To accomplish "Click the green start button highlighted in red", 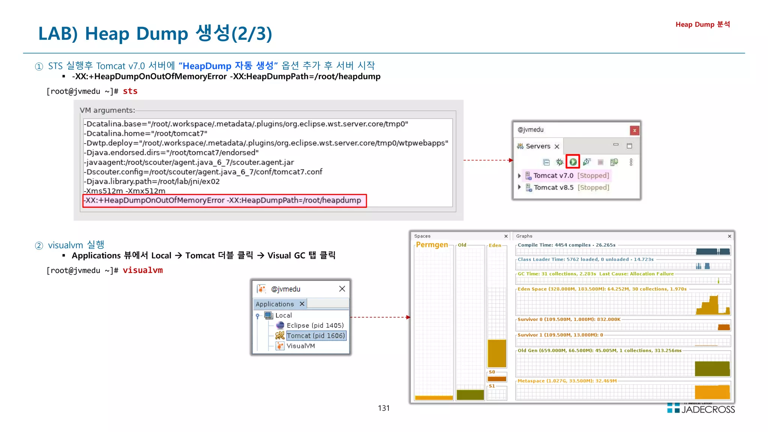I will pyautogui.click(x=573, y=162).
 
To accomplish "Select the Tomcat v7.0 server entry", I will pyautogui.click(x=553, y=175).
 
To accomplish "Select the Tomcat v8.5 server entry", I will pyautogui.click(x=553, y=187).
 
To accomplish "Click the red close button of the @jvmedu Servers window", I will pyautogui.click(x=634, y=130).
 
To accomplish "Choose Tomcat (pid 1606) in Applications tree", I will pyautogui.click(x=316, y=336).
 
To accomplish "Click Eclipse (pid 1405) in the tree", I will pyautogui.click(x=315, y=325).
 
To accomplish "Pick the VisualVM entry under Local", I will pyautogui.click(x=300, y=346).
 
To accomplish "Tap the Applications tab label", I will pyautogui.click(x=274, y=304).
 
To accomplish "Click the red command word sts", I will pyautogui.click(x=130, y=91).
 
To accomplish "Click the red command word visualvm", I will pyautogui.click(x=142, y=270).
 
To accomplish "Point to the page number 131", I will pyautogui.click(x=384, y=408).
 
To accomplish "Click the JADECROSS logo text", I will pyautogui.click(x=708, y=409).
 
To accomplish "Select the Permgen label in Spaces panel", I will pyautogui.click(x=432, y=245).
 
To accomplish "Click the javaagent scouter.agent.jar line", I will pyautogui.click(x=189, y=162).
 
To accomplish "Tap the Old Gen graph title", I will pyautogui.click(x=599, y=351).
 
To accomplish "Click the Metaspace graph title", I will pyautogui.click(x=567, y=381).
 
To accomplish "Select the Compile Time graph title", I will pyautogui.click(x=566, y=245).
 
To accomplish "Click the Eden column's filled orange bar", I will pyautogui.click(x=496, y=353).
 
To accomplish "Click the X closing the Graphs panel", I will pyautogui.click(x=729, y=236).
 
